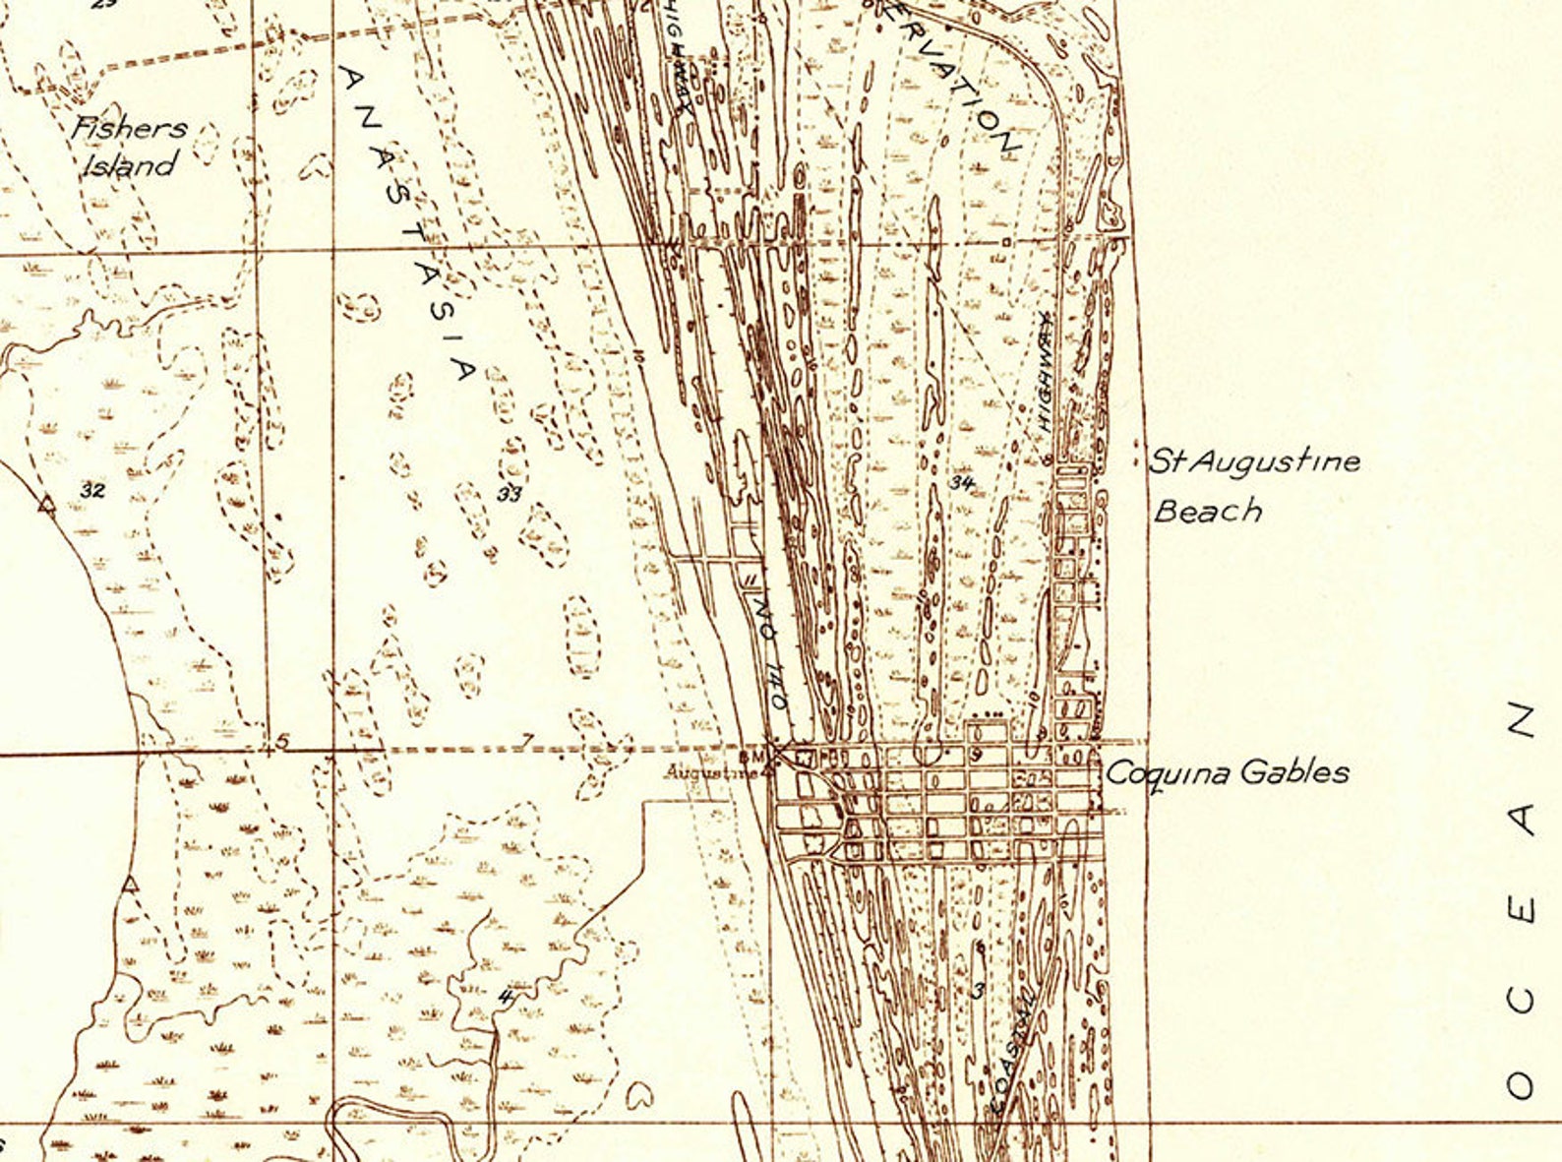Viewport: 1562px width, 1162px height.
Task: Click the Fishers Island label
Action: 129,145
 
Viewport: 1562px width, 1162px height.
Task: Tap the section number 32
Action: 93,490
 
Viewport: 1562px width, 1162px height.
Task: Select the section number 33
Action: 509,494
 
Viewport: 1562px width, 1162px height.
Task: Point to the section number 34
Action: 961,482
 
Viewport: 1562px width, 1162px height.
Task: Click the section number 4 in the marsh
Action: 506,996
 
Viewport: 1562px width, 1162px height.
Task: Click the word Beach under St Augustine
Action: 1208,511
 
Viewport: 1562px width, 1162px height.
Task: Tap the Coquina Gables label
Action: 1227,772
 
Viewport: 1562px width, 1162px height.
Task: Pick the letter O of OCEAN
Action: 1521,1084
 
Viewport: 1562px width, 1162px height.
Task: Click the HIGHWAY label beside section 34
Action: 1046,374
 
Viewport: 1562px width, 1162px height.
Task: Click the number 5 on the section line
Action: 282,741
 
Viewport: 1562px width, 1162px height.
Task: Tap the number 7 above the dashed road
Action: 528,740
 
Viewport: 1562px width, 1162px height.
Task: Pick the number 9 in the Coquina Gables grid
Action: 977,755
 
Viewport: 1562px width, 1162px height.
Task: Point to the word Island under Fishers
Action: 129,164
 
